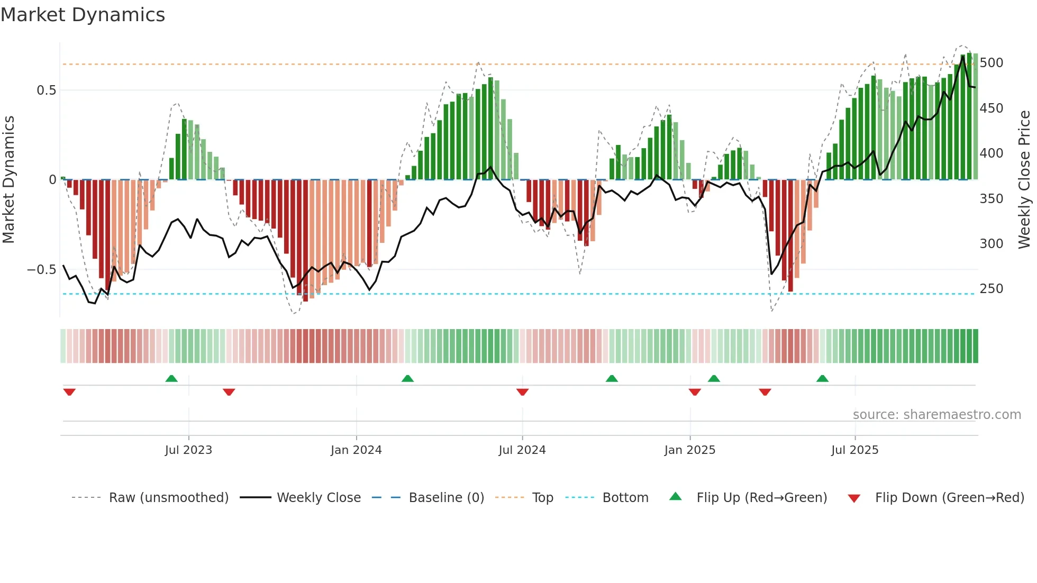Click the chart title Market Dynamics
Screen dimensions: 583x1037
[83, 15]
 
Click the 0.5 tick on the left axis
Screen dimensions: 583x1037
[46, 90]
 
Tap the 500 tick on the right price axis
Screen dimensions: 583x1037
[991, 63]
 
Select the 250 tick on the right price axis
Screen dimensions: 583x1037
[991, 289]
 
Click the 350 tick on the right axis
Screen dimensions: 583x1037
[991, 199]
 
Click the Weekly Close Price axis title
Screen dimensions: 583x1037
[1024, 180]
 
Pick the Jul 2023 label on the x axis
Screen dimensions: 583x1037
[188, 450]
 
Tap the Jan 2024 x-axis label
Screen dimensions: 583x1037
[356, 450]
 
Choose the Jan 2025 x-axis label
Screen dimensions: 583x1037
[690, 450]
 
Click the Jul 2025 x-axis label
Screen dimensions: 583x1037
[854, 450]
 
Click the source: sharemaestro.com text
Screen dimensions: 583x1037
[937, 415]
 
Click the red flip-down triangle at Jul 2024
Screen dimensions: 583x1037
[522, 392]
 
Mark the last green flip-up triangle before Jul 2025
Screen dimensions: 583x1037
[822, 378]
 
